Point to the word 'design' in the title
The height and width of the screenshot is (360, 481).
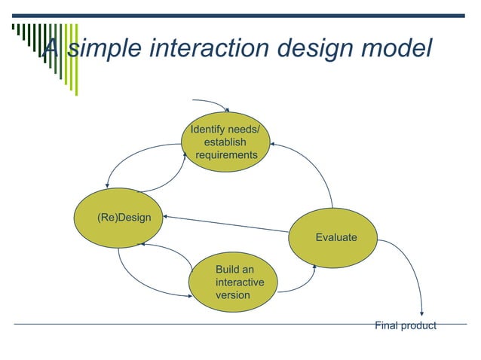310,47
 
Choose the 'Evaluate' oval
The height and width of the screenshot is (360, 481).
335,237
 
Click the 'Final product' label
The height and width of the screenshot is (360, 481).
406,325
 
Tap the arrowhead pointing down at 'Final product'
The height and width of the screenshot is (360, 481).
421,313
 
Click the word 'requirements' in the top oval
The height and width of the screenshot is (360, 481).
226,155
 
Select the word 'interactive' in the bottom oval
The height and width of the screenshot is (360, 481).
240,282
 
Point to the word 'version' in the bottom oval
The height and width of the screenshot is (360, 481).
232,295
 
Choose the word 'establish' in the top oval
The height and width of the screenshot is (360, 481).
225,142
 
